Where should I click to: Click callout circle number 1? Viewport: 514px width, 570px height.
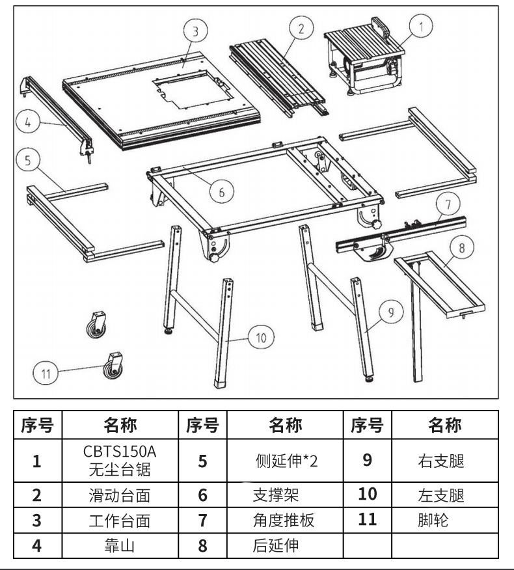tap(421, 27)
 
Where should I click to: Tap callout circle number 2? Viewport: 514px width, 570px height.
tap(299, 27)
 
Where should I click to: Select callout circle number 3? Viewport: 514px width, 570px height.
tap(195, 29)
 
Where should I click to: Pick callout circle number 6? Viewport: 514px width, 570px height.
tap(221, 192)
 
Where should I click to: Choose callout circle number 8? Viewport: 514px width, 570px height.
tap(461, 248)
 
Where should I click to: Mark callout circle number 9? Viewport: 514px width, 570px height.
tap(390, 312)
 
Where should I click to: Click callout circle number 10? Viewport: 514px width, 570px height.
tap(260, 337)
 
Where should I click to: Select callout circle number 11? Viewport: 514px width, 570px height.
tap(45, 373)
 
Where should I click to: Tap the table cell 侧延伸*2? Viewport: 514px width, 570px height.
tap(284, 460)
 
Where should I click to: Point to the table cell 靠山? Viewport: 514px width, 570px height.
tap(120, 545)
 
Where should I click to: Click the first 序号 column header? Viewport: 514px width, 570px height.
tap(37, 426)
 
